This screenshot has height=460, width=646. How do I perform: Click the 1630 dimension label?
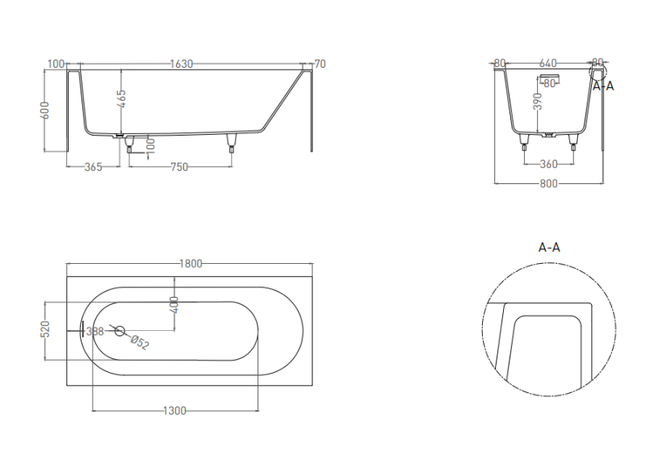click(x=181, y=64)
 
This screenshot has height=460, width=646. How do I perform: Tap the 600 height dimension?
click(x=45, y=111)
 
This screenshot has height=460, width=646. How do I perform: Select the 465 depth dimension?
click(x=122, y=99)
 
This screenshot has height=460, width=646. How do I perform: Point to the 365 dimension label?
click(x=93, y=167)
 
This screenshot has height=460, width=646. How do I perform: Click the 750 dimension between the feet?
click(x=179, y=167)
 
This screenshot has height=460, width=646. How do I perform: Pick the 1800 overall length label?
click(x=191, y=264)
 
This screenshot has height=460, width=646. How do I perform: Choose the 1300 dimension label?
click(x=174, y=411)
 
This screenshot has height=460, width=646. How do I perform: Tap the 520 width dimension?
click(x=46, y=329)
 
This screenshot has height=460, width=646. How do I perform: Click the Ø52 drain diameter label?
click(x=139, y=343)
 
